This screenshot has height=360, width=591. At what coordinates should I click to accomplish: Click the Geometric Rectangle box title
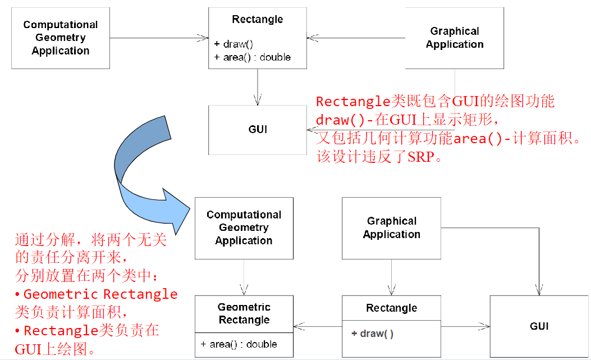(x=244, y=313)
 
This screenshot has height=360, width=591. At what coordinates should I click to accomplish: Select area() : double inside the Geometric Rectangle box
(x=239, y=344)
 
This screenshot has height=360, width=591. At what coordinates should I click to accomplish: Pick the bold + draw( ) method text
(x=373, y=334)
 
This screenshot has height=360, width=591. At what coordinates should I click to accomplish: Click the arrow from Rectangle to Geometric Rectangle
(x=317, y=325)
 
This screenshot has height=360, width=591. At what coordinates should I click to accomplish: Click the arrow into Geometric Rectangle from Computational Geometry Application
(x=244, y=277)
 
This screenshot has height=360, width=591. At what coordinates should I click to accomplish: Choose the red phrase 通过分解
(x=45, y=241)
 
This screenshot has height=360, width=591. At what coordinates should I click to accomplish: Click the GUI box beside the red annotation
(x=258, y=130)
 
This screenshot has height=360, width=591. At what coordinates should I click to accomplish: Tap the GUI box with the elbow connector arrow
(x=539, y=326)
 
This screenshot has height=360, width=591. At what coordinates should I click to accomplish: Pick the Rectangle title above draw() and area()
(x=258, y=20)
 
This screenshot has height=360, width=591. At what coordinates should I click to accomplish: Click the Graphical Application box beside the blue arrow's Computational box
(x=391, y=228)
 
